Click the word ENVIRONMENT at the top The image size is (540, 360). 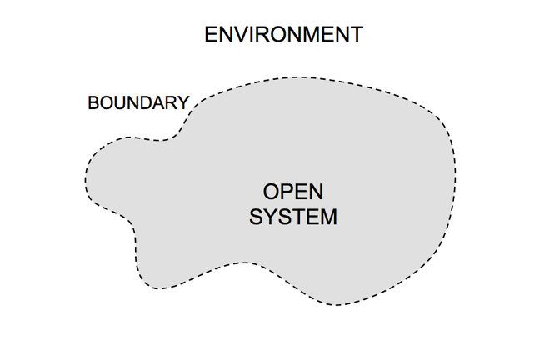(x=283, y=35)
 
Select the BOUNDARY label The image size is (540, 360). (x=138, y=103)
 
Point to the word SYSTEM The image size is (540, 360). (x=293, y=217)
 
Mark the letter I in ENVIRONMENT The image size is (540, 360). (x=252, y=35)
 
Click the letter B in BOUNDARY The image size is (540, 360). (x=93, y=103)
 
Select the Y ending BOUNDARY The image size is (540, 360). (x=183, y=103)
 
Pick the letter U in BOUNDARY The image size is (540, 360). (x=120, y=103)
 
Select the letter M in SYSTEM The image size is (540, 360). (x=328, y=217)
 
